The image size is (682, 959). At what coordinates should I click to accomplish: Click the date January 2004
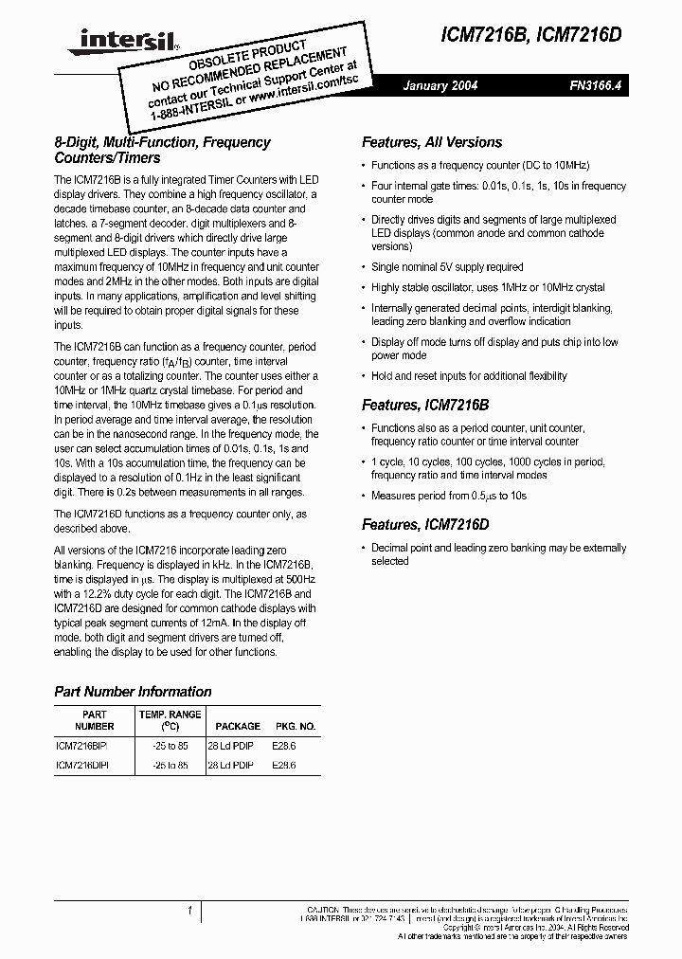click(x=440, y=86)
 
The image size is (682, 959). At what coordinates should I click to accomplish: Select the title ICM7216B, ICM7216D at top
click(x=545, y=35)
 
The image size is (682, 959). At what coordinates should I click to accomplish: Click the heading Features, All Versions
click(x=432, y=142)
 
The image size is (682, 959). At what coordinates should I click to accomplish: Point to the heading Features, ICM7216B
click(x=425, y=405)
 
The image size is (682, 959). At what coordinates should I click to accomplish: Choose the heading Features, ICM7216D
click(x=426, y=524)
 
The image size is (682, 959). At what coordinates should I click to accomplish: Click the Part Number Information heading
click(x=133, y=692)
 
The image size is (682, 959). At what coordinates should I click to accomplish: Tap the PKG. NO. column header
click(x=296, y=726)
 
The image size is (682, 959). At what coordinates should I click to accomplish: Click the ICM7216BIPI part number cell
click(x=82, y=746)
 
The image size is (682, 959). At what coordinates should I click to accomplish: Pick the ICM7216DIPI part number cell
click(x=82, y=765)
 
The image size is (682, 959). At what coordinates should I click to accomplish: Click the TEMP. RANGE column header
click(x=170, y=720)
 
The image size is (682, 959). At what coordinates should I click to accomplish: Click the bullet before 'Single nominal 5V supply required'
click(x=365, y=268)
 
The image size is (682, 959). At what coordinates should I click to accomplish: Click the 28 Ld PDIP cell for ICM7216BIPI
click(x=230, y=746)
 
